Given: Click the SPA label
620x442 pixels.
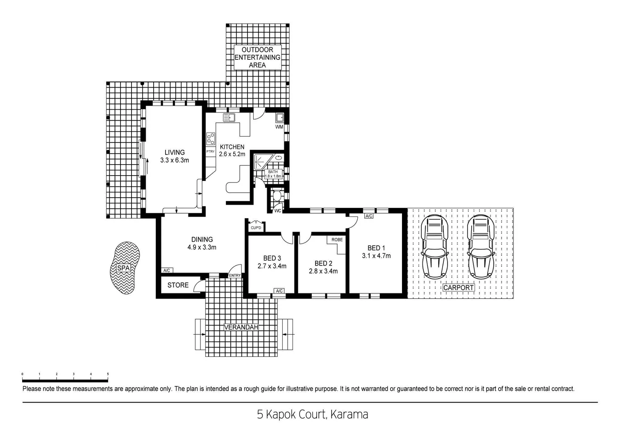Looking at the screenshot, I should (123, 268).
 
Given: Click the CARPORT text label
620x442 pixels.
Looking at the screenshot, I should (459, 288).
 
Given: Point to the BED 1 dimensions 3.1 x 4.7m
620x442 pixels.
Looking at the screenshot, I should (376, 256).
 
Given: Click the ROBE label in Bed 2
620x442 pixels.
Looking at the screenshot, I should (337, 239).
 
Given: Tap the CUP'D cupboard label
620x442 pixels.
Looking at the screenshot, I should (256, 228).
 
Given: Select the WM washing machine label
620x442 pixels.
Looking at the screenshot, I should (279, 127).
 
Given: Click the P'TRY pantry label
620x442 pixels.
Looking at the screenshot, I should (210, 151).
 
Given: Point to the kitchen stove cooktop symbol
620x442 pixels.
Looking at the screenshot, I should (211, 139).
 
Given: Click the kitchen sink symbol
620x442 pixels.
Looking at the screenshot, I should (229, 118).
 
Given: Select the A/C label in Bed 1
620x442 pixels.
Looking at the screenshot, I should (369, 216).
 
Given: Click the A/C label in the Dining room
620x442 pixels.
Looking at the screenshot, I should (166, 271).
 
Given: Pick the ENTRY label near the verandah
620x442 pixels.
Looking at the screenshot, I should (235, 275).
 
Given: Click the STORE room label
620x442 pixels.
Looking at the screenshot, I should (178, 285).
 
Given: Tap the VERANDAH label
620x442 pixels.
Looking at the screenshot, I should (241, 327).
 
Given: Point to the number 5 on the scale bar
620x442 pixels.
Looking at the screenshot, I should (108, 374).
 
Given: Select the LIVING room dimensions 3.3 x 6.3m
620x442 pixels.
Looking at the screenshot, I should (175, 160).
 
